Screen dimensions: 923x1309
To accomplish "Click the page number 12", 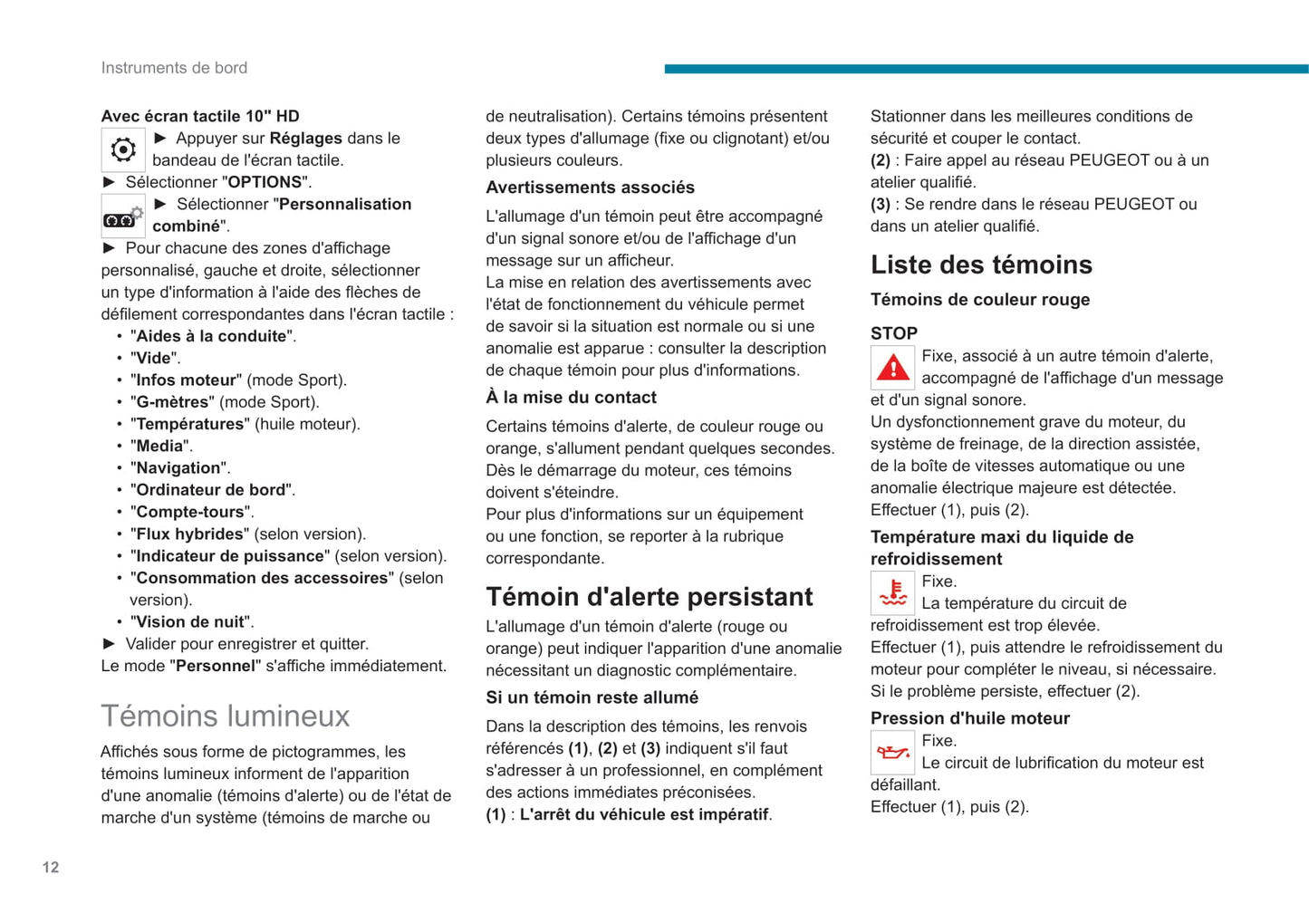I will click(51, 867).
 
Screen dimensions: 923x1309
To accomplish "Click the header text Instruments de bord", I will click(174, 68).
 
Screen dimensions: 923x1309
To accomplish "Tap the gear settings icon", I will click(123, 149).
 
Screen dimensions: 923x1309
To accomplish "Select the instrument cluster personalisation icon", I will click(123, 216).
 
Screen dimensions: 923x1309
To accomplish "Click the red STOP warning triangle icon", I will click(892, 368).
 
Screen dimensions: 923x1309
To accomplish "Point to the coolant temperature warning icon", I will click(892, 592).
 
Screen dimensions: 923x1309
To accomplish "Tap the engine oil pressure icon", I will click(892, 752).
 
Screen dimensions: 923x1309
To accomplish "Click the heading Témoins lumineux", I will click(225, 716).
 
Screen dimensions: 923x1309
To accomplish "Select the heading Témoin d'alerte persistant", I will click(649, 597).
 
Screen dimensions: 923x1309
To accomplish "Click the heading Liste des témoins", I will click(981, 264).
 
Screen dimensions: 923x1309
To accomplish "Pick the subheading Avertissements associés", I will click(590, 187).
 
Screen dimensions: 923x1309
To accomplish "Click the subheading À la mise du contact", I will click(571, 398).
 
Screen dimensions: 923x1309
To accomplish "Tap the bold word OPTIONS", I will click(265, 182).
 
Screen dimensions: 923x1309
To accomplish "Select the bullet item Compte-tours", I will click(190, 512).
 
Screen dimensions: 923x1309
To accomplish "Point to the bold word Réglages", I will click(306, 139).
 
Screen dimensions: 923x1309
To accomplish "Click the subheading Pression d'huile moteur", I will click(969, 718).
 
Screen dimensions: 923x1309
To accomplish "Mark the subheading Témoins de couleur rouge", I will click(979, 300).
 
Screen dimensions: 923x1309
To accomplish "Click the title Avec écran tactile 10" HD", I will click(199, 116).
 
